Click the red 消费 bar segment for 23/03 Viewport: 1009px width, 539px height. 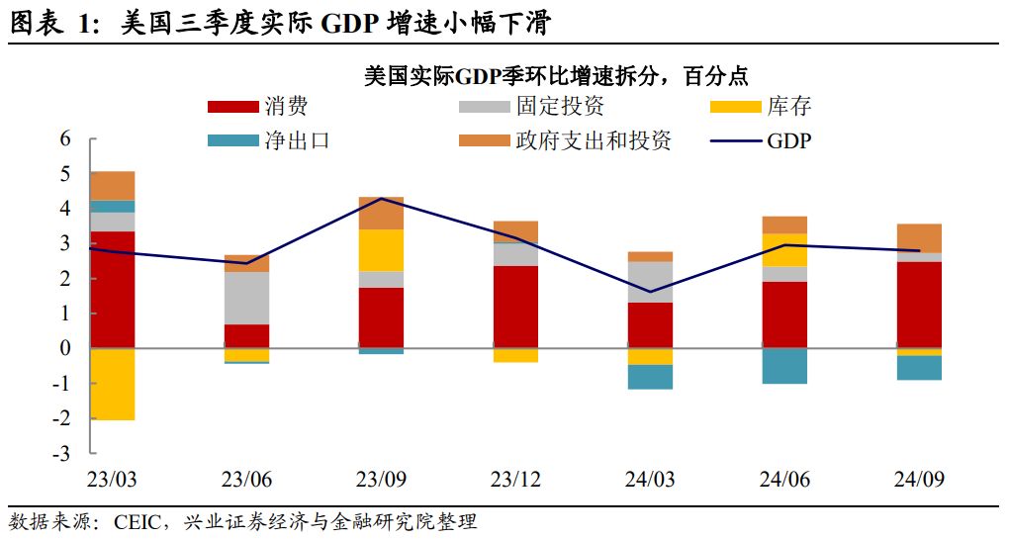point(112,290)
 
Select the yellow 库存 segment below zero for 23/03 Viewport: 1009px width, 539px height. point(112,384)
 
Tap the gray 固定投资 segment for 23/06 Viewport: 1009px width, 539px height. point(246,298)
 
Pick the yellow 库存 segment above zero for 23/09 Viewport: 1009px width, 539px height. point(381,250)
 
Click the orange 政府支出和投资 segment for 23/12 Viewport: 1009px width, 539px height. point(515,231)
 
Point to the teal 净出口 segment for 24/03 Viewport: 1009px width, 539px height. point(650,377)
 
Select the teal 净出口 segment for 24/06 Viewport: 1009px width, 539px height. point(784,365)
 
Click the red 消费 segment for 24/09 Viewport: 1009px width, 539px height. point(919,305)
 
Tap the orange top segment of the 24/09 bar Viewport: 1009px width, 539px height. point(919,238)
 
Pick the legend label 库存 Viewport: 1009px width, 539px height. point(788,107)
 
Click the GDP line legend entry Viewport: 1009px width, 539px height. point(762,140)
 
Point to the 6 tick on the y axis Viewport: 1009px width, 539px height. point(65,138)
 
